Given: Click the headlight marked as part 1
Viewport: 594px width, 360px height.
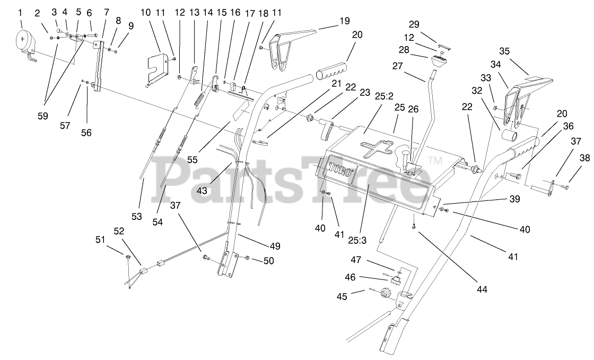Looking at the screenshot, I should click(x=24, y=43).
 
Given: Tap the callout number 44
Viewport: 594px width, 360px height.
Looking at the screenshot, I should click(x=482, y=289).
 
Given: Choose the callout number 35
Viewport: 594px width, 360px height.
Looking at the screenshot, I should click(x=504, y=51).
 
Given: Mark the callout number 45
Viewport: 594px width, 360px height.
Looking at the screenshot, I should click(x=342, y=297).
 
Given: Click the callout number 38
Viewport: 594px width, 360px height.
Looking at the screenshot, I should click(x=584, y=157).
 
